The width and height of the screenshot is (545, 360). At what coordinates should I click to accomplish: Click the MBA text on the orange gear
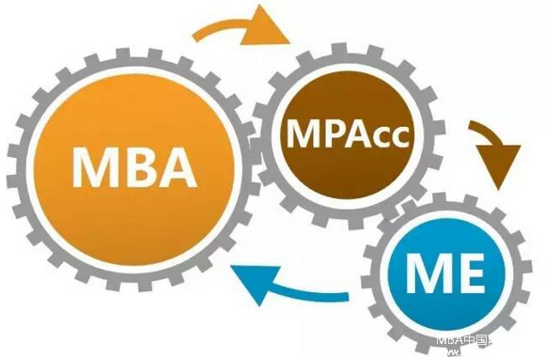pos(134,168)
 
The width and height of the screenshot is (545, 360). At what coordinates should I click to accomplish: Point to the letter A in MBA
pos(178,168)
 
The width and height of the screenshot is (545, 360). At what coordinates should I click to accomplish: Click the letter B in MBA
pos(139,168)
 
